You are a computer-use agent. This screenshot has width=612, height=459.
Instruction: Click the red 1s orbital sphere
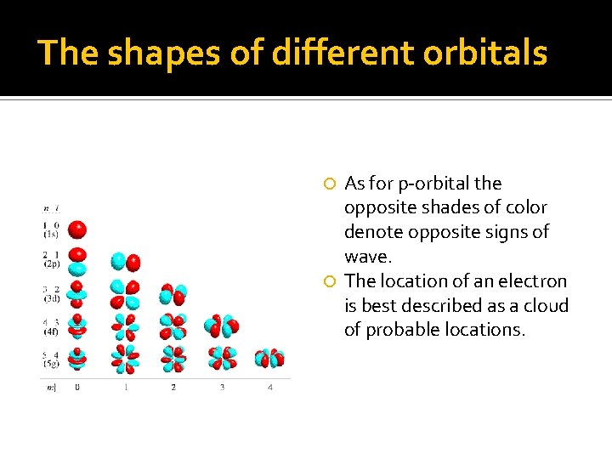(x=77, y=229)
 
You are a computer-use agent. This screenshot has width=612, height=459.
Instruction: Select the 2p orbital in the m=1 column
(x=125, y=262)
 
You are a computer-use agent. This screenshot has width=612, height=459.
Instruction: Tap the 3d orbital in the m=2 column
(x=173, y=294)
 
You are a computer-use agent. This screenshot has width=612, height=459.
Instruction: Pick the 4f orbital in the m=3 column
(x=221, y=325)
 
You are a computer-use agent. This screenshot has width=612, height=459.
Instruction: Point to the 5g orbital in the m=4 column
(x=269, y=358)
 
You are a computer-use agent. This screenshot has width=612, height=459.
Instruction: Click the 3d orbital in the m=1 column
(x=125, y=293)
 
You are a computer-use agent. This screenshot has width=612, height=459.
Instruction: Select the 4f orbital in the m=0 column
(x=77, y=326)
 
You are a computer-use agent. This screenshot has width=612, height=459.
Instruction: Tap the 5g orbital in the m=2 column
(x=173, y=358)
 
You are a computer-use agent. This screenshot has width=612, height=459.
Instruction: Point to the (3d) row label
(x=51, y=297)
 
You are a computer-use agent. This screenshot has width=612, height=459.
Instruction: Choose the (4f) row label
(x=51, y=330)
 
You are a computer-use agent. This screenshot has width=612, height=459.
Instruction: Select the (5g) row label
(x=51, y=363)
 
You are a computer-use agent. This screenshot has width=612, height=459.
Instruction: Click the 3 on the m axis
(x=222, y=388)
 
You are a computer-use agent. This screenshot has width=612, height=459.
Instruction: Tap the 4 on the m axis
(x=270, y=388)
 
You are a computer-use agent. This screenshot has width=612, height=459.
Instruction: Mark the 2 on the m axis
(x=173, y=388)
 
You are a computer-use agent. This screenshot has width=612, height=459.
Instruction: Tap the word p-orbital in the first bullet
(x=425, y=184)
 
